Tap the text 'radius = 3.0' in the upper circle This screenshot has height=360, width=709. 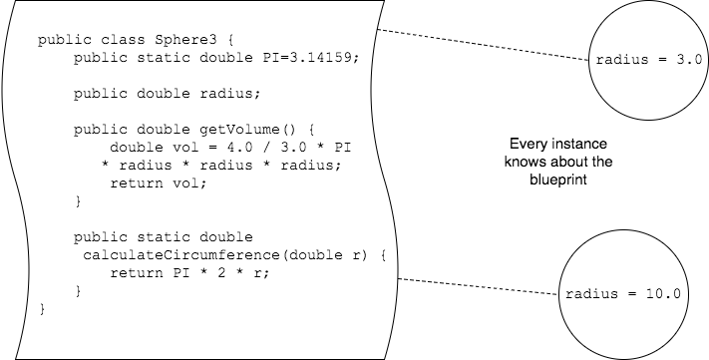pos(649,60)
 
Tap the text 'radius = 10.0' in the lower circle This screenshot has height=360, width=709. pos(622,294)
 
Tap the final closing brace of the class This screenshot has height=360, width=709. pos(41,310)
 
